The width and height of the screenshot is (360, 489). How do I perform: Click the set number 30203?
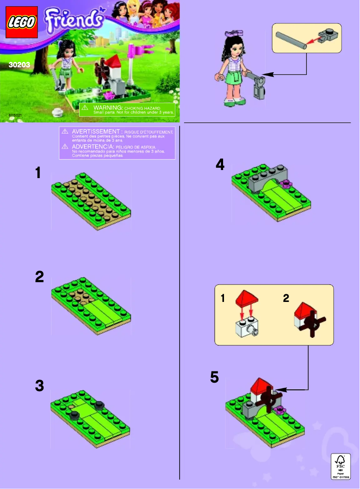19,65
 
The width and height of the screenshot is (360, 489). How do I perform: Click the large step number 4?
220,165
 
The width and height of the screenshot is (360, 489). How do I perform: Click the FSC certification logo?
339,465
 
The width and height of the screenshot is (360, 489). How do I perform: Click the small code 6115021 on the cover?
14,115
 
